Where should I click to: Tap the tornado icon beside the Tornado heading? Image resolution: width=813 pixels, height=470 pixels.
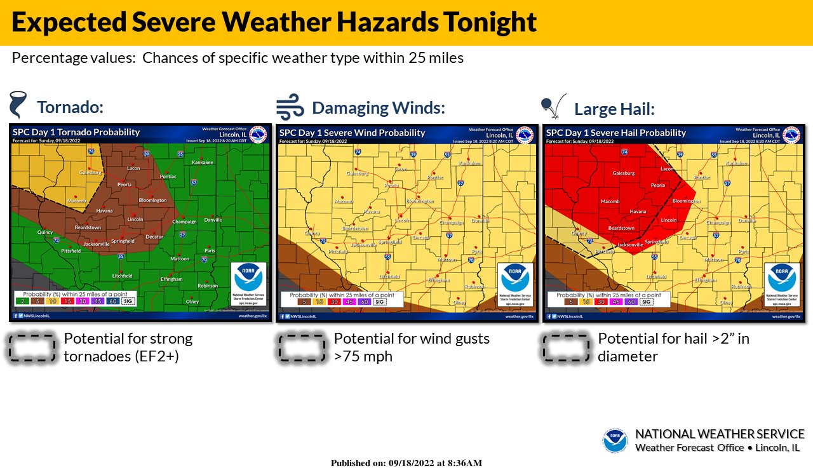pyautogui.click(x=18, y=104)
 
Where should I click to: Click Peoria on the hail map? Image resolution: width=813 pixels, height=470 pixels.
pyautogui.click(x=657, y=185)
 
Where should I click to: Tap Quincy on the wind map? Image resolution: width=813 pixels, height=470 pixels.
pyautogui.click(x=312, y=232)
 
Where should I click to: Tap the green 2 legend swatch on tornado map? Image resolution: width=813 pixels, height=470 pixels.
pyautogui.click(x=23, y=301)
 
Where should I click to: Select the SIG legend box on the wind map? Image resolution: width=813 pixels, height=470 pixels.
pyautogui.click(x=379, y=302)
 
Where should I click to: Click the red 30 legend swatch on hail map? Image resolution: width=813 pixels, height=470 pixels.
pyautogui.click(x=600, y=302)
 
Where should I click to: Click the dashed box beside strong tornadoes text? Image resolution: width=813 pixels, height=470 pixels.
pyautogui.click(x=32, y=348)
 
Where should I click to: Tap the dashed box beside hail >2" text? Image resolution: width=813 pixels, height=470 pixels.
pyautogui.click(x=565, y=348)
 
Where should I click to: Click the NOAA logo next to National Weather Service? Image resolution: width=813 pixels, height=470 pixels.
pyautogui.click(x=615, y=441)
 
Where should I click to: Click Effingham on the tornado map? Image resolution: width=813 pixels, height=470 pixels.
pyautogui.click(x=171, y=279)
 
